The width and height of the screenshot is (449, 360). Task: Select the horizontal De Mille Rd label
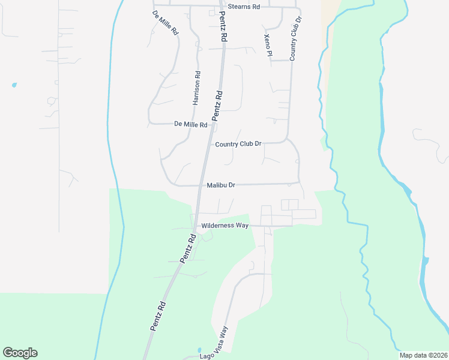click(x=190, y=124)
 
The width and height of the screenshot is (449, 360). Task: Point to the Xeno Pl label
click(x=268, y=46)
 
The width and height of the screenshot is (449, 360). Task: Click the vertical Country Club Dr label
click(x=295, y=38)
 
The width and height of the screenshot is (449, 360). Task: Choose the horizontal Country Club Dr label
click(x=238, y=144)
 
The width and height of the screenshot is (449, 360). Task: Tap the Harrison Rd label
click(x=196, y=88)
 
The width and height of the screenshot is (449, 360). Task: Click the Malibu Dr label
click(x=220, y=185)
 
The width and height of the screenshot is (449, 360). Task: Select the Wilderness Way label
click(x=225, y=226)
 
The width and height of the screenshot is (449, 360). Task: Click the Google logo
click(x=20, y=353)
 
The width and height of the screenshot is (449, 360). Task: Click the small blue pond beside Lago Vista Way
click(x=199, y=350)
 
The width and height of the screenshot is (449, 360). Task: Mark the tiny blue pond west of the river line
click(x=14, y=85)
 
